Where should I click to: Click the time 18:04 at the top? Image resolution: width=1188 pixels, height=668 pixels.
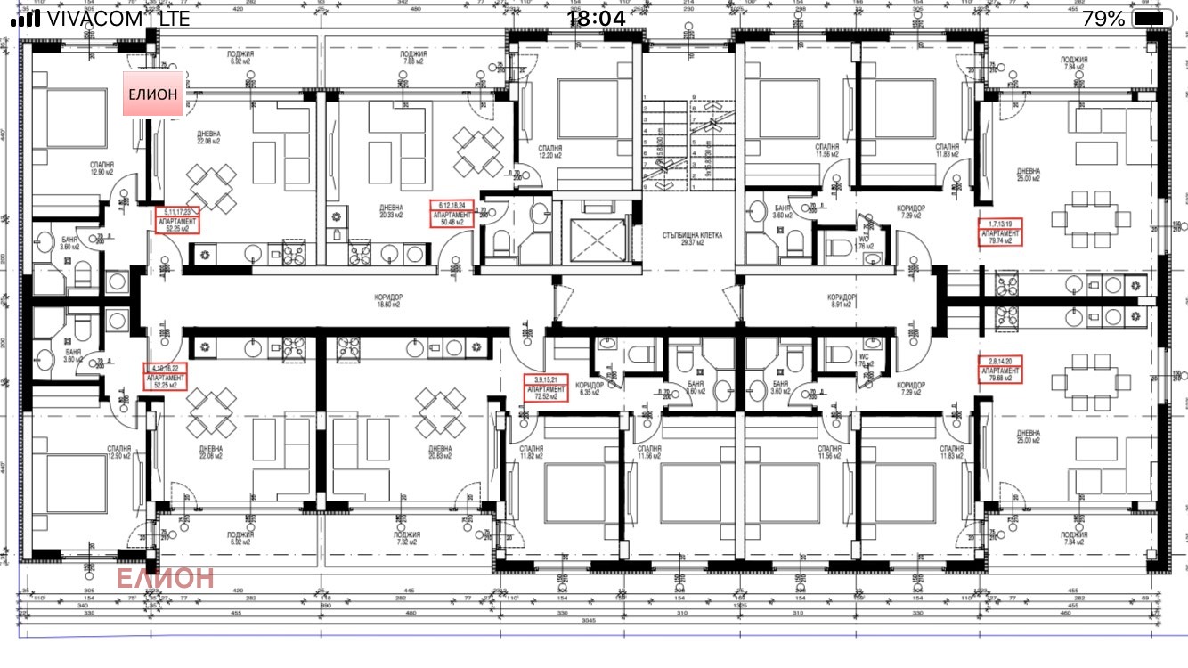596,19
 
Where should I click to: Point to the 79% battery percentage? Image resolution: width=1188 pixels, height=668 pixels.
1104,19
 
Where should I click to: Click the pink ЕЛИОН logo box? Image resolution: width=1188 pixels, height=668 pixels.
153,94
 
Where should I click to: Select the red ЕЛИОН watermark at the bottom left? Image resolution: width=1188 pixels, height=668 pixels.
165,578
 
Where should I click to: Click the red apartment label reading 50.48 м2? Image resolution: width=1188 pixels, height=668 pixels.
452,215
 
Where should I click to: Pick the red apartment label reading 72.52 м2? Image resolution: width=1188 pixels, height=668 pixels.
545,389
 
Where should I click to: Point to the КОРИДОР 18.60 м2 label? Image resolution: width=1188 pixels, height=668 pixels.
388,300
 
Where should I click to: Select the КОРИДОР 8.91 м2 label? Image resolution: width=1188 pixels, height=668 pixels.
842,300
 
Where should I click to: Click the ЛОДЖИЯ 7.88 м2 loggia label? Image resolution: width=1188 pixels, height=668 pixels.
413,58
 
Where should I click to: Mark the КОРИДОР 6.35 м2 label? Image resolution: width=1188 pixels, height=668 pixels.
591,388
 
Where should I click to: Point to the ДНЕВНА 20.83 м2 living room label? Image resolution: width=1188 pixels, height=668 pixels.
440,452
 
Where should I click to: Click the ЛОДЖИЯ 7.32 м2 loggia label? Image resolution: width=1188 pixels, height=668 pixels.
407,538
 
